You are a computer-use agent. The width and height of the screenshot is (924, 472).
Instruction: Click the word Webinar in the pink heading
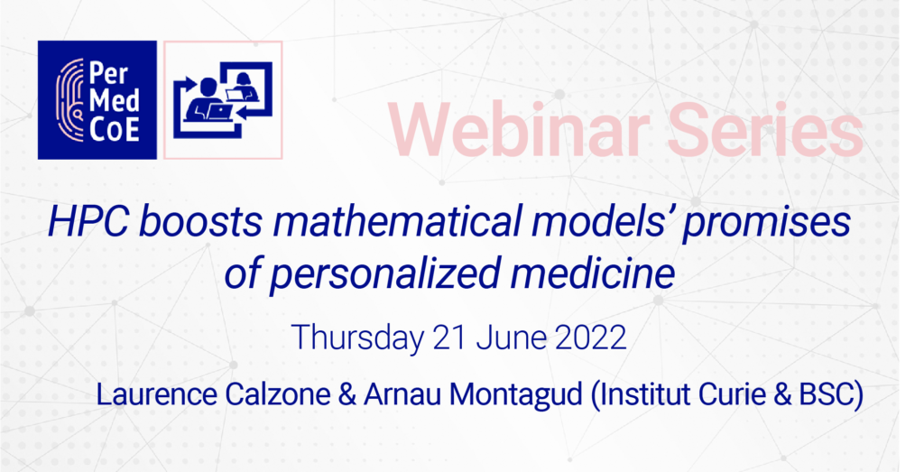pos(520,130)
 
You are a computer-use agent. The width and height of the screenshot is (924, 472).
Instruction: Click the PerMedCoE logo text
pos(115,101)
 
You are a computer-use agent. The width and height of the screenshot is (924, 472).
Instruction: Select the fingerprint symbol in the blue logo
pos(69,100)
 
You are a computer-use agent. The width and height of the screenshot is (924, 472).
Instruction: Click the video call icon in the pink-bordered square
pos(223,99)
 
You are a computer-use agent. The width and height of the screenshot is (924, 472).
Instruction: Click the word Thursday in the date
pos(357,338)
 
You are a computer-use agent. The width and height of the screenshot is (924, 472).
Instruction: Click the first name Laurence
pos(155,394)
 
